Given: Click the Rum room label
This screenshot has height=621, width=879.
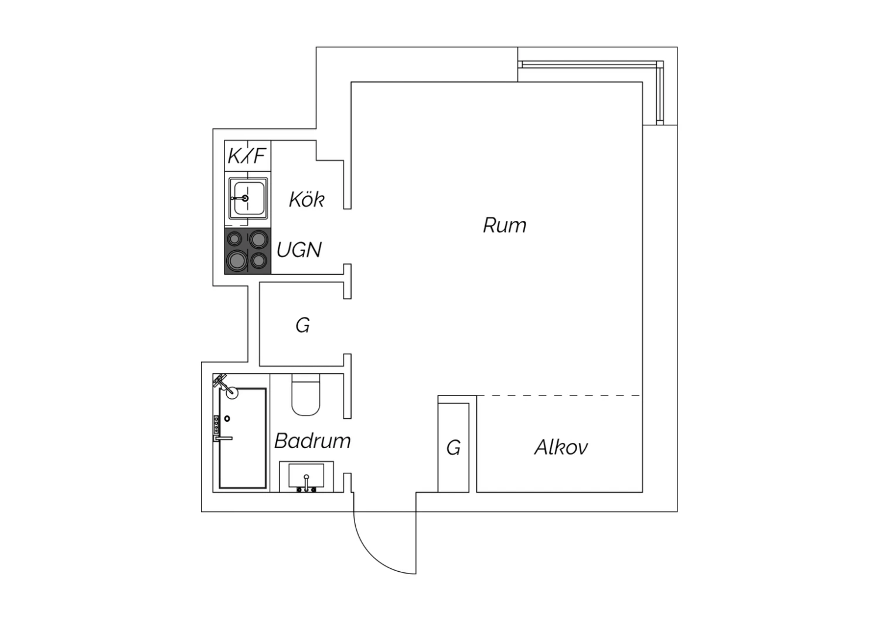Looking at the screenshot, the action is click(505, 225).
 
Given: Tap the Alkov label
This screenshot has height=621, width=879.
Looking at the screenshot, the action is click(561, 447).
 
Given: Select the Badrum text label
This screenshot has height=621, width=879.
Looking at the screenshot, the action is click(312, 441).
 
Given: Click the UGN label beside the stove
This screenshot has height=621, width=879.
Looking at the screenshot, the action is click(299, 250).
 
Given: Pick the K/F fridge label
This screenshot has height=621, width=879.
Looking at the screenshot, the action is click(247, 156).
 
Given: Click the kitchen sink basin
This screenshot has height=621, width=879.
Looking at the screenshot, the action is click(248, 199).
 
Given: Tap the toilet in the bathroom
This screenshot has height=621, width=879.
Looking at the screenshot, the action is click(306, 395).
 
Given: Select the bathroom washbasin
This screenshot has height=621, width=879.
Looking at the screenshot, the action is click(306, 477).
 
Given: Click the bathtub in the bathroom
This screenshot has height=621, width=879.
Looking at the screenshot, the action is click(243, 438).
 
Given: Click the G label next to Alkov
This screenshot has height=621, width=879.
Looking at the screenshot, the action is click(453, 448).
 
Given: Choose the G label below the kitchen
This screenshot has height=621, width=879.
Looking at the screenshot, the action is click(302, 325).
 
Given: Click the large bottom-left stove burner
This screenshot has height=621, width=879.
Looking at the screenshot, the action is click(237, 261).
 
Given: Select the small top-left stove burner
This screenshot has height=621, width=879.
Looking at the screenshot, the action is click(234, 238).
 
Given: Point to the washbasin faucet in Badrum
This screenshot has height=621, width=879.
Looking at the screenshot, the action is click(306, 483).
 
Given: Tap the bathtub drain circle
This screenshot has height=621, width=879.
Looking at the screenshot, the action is click(227, 419).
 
